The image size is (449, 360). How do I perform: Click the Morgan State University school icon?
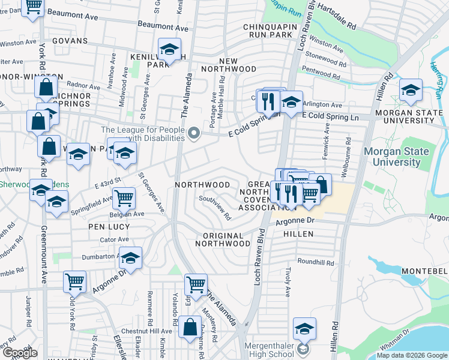(411, 91)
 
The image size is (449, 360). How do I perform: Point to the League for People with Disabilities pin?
(194, 133)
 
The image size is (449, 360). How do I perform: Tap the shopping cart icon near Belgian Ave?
(124, 197)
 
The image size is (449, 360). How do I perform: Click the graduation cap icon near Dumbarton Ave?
(130, 259)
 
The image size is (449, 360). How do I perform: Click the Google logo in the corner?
(19, 353)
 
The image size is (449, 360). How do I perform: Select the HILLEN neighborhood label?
(298, 233)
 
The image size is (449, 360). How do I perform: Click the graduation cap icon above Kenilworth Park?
(170, 49)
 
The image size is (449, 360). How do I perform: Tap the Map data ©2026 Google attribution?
(412, 355)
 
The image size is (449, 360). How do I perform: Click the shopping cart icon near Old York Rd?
(75, 281)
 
